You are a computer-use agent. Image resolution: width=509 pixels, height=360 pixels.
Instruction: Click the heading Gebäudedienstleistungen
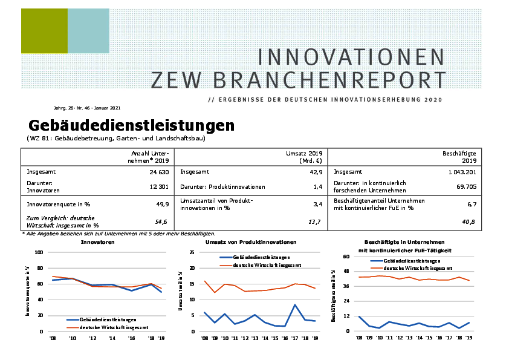click(x=131, y=126)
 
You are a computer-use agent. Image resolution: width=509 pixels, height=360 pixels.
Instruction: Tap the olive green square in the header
click(x=44, y=31)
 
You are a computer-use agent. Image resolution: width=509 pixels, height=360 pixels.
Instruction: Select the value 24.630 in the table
click(x=157, y=172)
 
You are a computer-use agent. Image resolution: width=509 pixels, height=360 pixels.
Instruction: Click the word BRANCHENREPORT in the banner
click(x=299, y=79)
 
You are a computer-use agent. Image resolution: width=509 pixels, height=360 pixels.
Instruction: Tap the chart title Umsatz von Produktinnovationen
click(x=254, y=242)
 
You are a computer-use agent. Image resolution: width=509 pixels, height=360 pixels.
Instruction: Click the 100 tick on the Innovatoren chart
click(x=39, y=252)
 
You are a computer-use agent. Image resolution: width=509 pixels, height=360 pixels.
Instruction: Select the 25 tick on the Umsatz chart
click(x=192, y=252)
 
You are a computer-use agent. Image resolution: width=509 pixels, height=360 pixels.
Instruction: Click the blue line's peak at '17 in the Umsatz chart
click(x=295, y=305)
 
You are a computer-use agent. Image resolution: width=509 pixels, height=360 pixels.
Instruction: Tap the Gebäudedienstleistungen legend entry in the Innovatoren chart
click(x=108, y=319)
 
